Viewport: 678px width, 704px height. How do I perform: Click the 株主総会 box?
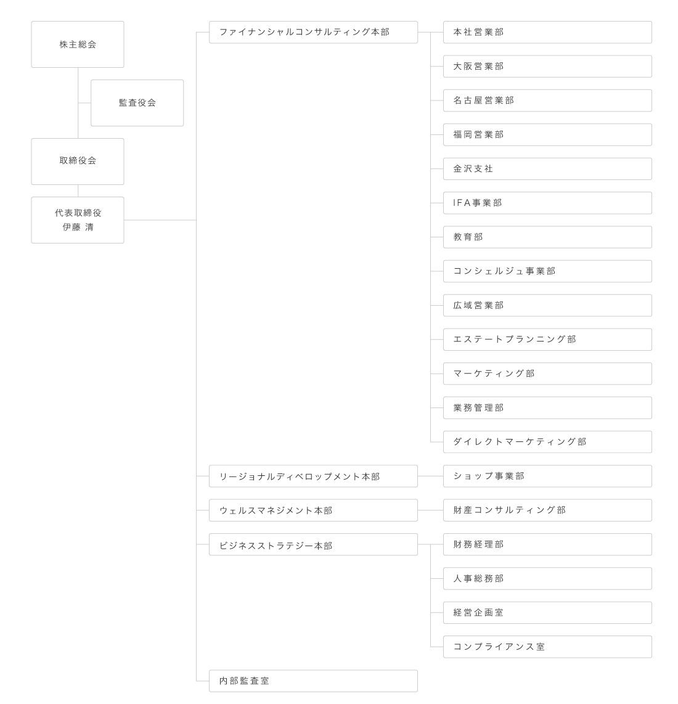(78, 44)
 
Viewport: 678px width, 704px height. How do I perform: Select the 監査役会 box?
(137, 103)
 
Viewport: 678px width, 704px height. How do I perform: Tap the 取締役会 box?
(78, 161)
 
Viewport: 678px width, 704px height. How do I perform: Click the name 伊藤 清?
(78, 227)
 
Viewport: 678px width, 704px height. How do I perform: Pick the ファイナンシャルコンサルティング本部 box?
(313, 32)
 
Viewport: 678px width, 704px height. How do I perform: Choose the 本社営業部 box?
(547, 32)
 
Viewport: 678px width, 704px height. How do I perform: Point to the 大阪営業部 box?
(547, 67)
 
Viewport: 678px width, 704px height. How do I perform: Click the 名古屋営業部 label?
(484, 100)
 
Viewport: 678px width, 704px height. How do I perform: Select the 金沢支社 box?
(547, 169)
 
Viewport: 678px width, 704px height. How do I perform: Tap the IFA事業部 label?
(478, 203)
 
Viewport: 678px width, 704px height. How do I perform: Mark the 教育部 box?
(547, 237)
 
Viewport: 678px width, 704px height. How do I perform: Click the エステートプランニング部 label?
(515, 340)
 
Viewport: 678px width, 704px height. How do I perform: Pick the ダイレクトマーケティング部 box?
(547, 442)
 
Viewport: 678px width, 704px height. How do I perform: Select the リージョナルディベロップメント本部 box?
(313, 476)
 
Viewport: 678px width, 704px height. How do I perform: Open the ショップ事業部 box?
(547, 476)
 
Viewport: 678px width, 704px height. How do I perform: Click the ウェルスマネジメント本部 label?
(276, 510)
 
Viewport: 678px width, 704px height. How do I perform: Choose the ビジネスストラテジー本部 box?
(313, 544)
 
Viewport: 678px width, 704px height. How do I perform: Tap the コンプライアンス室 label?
(499, 647)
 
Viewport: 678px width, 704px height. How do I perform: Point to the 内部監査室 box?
(313, 681)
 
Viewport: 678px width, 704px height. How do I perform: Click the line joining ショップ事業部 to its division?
(431, 476)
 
